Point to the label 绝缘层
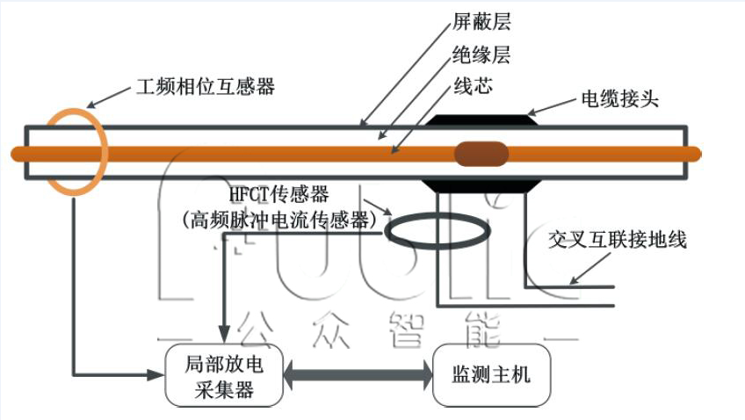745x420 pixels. [x=481, y=56]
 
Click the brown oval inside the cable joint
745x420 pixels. [x=481, y=154]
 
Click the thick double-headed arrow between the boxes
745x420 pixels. [x=358, y=375]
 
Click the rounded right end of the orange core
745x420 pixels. [x=696, y=154]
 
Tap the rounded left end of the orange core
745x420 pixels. [x=16, y=154]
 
